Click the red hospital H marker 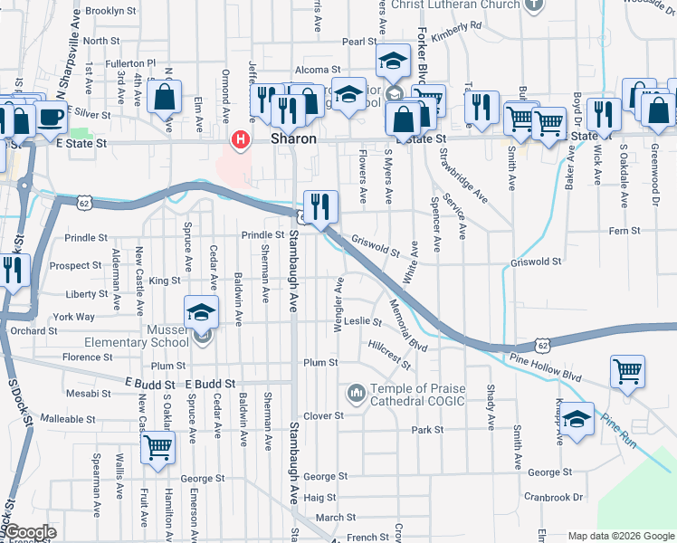(240, 139)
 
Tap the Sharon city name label (293, 139)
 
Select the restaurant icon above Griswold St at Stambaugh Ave (320, 206)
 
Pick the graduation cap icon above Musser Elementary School (201, 312)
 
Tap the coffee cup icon (51, 118)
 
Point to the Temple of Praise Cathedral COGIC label (417, 395)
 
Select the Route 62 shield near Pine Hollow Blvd (541, 345)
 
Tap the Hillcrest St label (390, 355)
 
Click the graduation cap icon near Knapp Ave (577, 419)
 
